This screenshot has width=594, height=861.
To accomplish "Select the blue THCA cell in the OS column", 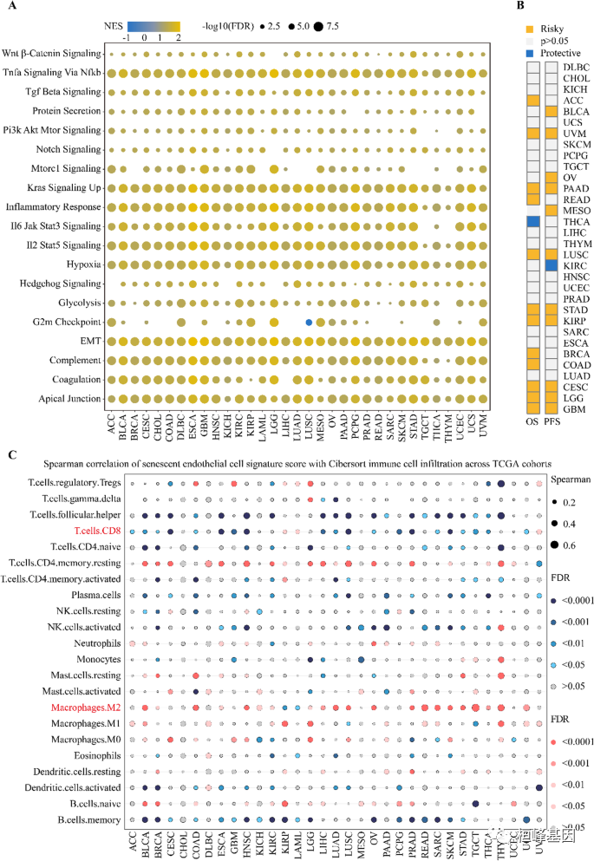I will pos(533,222).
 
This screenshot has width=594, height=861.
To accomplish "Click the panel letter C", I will pos(8,454).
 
